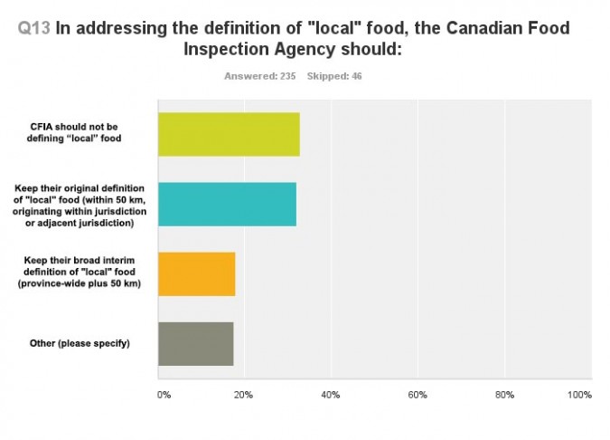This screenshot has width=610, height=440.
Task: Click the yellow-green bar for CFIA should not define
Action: click(229, 134)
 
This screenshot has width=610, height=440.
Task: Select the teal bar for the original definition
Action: click(227, 204)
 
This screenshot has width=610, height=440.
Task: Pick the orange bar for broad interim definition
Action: click(196, 273)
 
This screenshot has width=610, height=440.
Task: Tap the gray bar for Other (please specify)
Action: click(195, 343)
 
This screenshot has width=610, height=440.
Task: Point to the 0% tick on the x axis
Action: click(164, 395)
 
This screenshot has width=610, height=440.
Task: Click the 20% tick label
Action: click(243, 395)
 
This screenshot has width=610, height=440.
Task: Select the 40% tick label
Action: click(330, 395)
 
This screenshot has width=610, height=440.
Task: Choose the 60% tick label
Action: click(417, 395)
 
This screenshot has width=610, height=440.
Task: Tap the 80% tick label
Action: click(503, 395)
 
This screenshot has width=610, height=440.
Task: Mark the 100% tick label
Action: click(579, 395)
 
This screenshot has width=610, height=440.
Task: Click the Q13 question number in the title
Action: click(34, 28)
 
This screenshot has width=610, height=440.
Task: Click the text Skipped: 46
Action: click(335, 76)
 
